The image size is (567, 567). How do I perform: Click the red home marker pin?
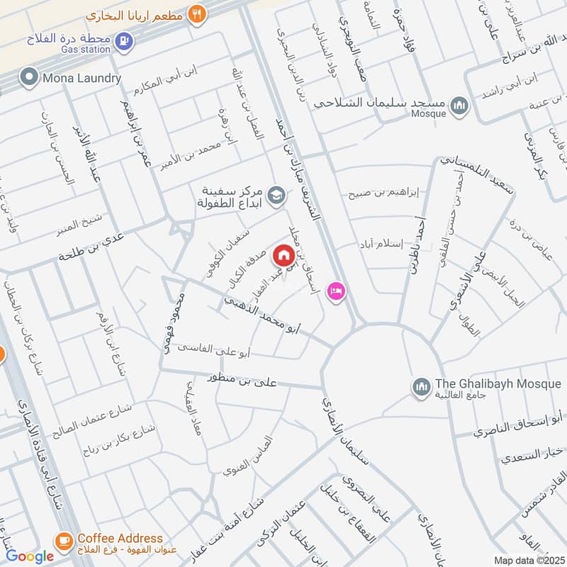(283, 254)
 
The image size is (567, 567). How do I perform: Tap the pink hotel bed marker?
(335, 291)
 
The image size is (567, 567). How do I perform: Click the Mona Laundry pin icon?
(29, 77)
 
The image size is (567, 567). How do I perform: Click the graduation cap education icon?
(276, 193)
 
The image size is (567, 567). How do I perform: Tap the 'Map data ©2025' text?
(529, 561)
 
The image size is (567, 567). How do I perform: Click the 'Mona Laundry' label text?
(81, 78)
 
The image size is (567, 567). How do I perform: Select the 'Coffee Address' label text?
(120, 539)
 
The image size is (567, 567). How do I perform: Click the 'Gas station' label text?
(86, 50)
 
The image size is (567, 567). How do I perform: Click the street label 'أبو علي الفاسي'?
(213, 348)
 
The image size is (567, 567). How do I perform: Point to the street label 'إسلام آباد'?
(383, 244)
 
